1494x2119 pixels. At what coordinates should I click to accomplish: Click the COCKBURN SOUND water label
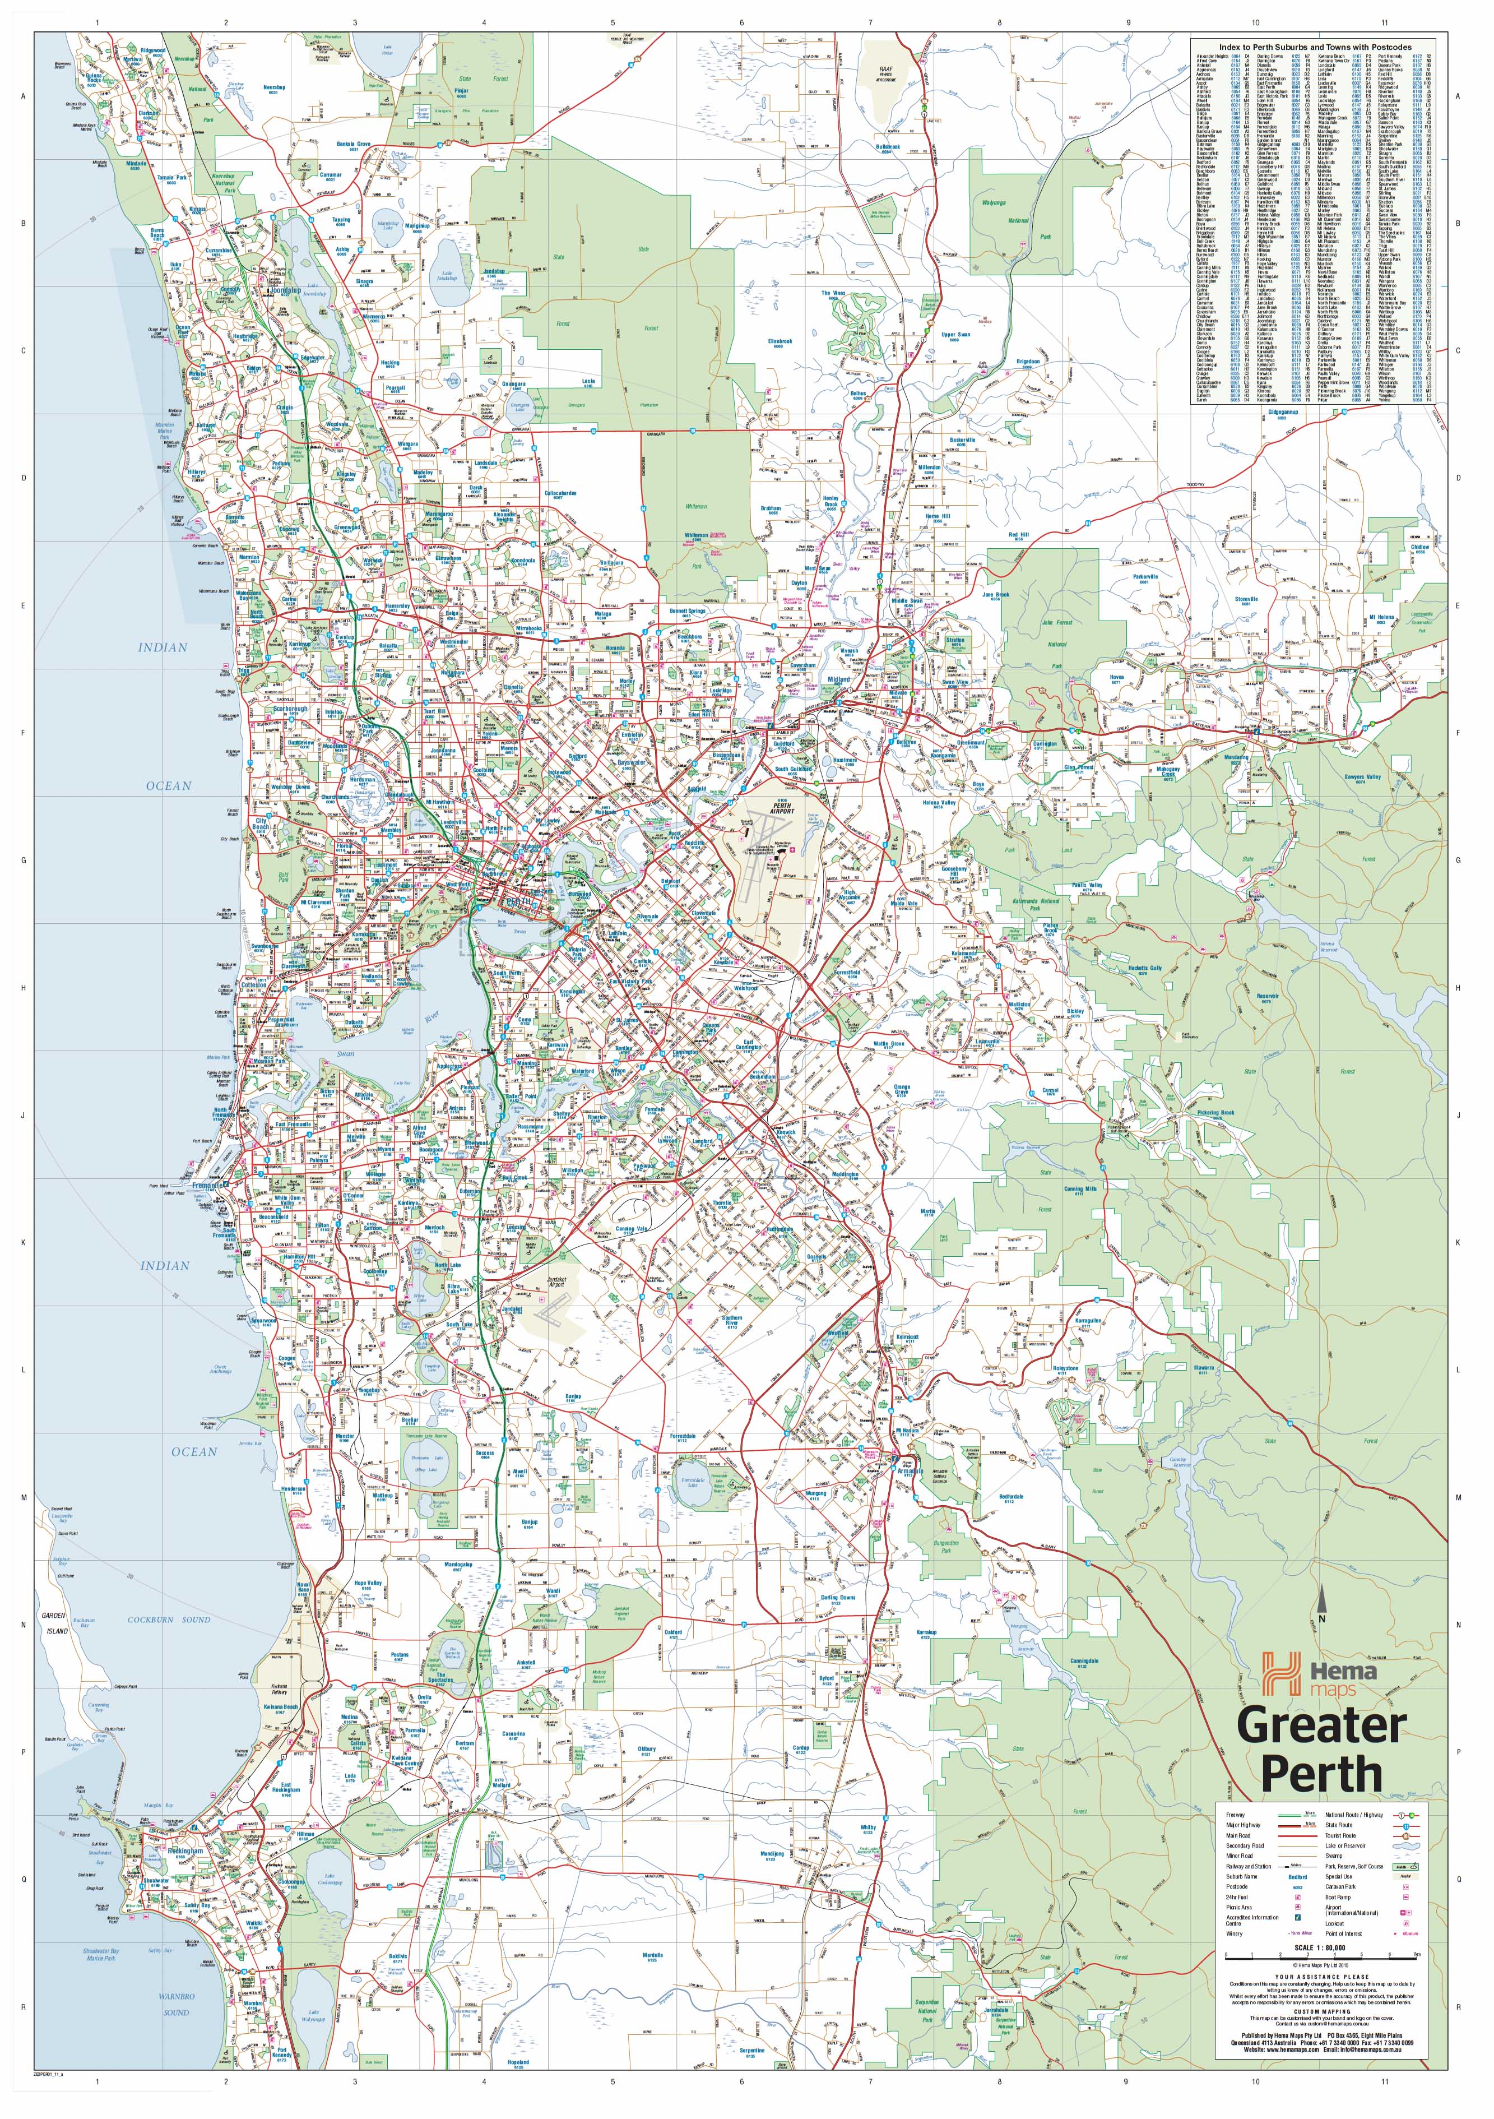[x=169, y=1620]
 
